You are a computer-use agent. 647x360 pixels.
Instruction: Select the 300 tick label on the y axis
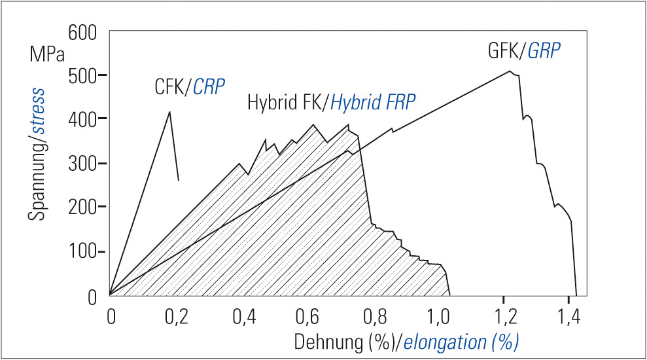click(82, 164)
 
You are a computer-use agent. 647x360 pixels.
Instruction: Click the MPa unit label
click(47, 54)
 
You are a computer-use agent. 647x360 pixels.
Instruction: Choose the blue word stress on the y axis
click(35, 111)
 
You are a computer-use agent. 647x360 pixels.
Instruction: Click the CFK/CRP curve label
click(185, 86)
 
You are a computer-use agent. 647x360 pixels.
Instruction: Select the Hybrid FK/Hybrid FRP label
click(332, 103)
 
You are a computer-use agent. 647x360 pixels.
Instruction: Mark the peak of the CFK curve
click(170, 112)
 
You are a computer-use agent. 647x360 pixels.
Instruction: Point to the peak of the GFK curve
click(510, 71)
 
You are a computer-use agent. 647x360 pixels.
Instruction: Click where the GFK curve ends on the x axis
click(576, 296)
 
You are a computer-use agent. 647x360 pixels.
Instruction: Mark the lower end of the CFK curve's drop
click(179, 181)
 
